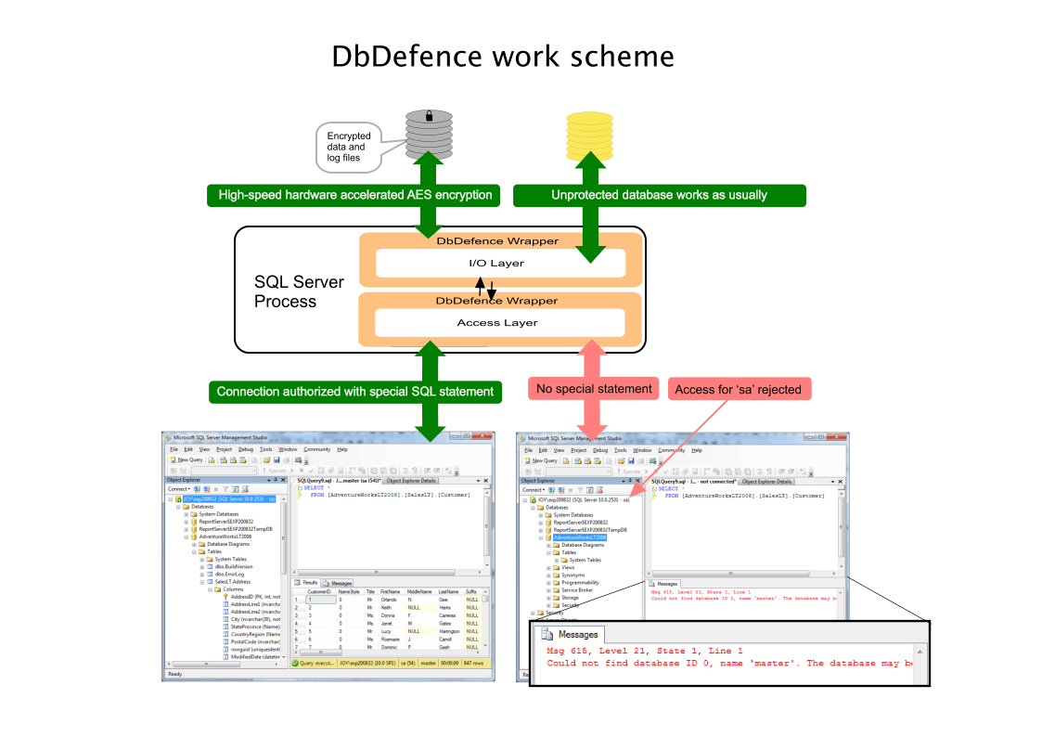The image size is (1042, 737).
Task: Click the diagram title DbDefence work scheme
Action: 503,58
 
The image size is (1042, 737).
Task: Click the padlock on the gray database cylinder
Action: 429,117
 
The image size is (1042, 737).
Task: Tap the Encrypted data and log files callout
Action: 348,148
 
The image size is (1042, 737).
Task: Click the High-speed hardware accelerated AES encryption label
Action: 355,195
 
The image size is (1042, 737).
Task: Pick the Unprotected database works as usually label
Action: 659,195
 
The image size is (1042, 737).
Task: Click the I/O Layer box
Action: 501,264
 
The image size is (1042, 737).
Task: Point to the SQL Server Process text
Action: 299,291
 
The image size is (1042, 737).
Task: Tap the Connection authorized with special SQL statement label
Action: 355,391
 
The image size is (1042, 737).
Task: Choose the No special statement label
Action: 594,389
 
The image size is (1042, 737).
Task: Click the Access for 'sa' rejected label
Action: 739,389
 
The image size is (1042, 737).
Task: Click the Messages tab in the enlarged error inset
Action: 570,635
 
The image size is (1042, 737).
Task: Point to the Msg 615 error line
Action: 644,652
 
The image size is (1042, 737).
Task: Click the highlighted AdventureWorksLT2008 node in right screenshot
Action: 579,537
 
